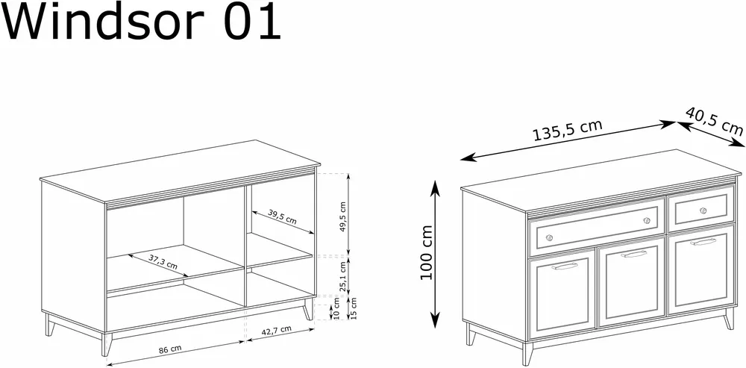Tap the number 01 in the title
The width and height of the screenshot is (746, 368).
pyautogui.click(x=252, y=22)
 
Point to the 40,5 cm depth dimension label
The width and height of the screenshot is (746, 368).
pyautogui.click(x=714, y=121)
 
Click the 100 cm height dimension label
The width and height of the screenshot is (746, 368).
pyautogui.click(x=427, y=252)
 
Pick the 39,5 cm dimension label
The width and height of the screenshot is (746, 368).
pyautogui.click(x=282, y=216)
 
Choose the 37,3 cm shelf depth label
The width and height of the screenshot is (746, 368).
pyautogui.click(x=163, y=261)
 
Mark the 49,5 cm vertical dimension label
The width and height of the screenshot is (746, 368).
pyautogui.click(x=343, y=216)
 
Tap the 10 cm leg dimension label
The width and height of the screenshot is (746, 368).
pyautogui.click(x=337, y=308)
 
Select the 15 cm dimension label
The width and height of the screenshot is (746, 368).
pyautogui.click(x=354, y=308)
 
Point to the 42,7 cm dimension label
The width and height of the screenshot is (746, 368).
pyautogui.click(x=275, y=330)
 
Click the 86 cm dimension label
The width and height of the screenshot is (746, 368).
pyautogui.click(x=170, y=349)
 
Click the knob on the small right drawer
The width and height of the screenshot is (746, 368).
pyautogui.click(x=703, y=211)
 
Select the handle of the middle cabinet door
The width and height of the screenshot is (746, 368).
pyautogui.click(x=633, y=255)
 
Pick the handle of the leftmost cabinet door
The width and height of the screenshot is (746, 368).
pyautogui.click(x=564, y=266)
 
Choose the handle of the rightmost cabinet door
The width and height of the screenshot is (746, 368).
pyautogui.click(x=703, y=242)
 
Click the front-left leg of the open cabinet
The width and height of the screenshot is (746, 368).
pyautogui.click(x=107, y=343)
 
